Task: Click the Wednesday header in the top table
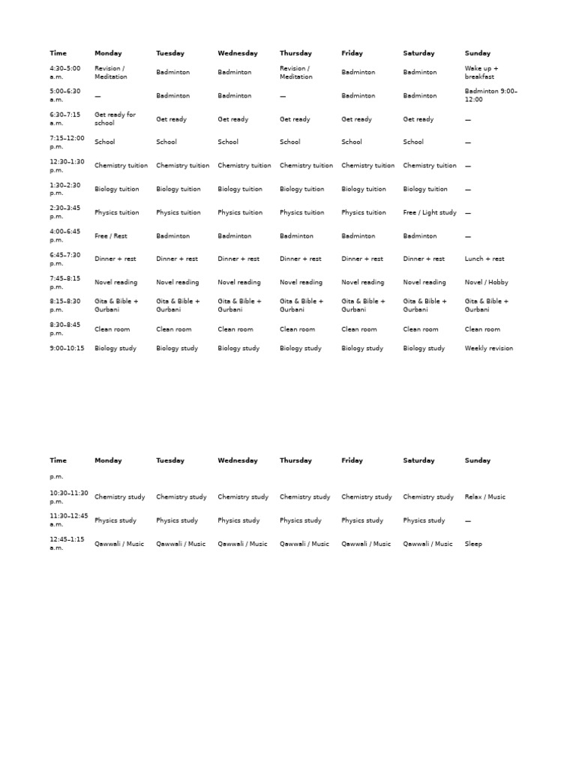pos(237,53)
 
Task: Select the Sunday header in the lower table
pos(477,460)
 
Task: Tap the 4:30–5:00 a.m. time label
pos(65,72)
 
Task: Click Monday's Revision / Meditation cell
pos(110,72)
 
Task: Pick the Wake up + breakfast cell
pos(481,72)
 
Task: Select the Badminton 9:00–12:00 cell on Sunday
pos(490,95)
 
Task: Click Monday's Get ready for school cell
pos(115,118)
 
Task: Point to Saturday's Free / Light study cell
pos(429,212)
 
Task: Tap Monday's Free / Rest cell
pos(111,235)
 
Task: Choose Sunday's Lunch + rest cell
pos(484,259)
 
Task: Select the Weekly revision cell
pos(489,348)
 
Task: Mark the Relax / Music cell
pos(485,496)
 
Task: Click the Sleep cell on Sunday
pos(473,544)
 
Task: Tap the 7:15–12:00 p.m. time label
pos(67,142)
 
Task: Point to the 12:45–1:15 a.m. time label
pos(67,543)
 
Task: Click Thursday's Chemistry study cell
pos(304,496)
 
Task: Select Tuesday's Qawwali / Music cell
pos(181,544)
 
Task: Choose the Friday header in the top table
pos(352,53)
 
